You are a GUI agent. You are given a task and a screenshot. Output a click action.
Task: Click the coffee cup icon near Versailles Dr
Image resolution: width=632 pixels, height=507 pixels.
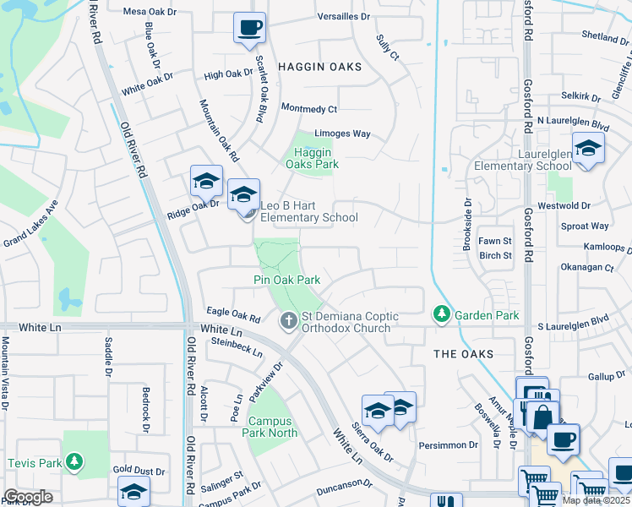tap(249, 28)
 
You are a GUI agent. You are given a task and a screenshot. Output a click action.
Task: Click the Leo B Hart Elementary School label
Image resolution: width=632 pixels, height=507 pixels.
tap(308, 211)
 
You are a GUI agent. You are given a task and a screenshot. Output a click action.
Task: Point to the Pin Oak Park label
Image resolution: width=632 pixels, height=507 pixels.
tap(287, 280)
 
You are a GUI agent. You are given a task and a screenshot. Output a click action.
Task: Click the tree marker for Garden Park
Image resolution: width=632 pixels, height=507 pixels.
tap(441, 314)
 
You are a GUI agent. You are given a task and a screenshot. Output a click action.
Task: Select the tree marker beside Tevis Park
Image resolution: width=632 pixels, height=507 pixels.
tap(76, 462)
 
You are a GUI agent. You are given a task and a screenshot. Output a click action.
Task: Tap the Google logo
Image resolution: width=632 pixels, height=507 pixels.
tap(28, 497)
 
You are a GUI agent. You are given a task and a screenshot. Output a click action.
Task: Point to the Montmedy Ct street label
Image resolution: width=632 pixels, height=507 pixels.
tap(308, 109)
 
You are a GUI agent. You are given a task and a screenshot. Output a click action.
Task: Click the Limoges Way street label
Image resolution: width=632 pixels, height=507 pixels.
tap(342, 134)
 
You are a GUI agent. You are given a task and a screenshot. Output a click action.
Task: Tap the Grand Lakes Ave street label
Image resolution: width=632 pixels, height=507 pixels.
tap(30, 224)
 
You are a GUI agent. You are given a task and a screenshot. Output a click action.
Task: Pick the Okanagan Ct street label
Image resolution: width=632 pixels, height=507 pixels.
tap(587, 268)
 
